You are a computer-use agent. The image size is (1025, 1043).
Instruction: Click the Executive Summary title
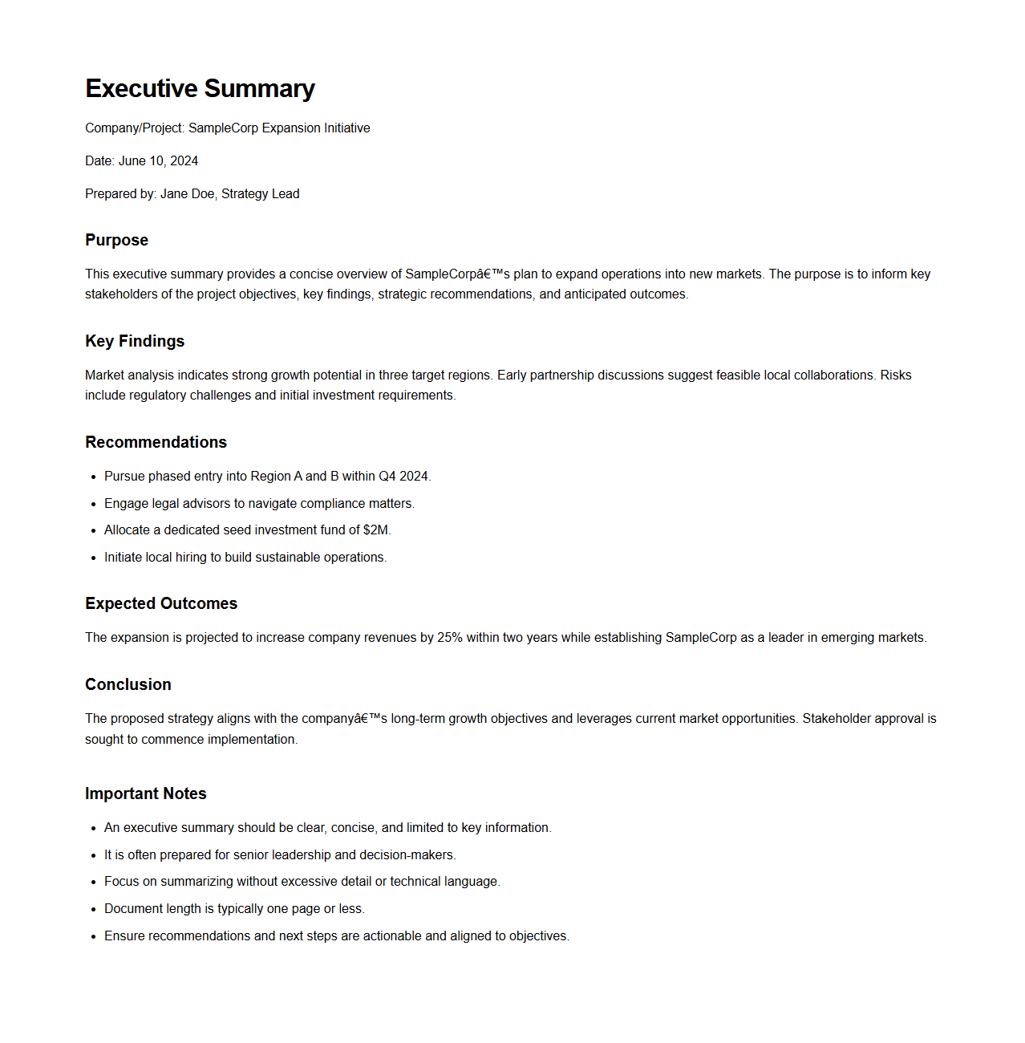click(x=200, y=88)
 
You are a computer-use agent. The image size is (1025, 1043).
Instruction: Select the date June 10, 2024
click(x=158, y=160)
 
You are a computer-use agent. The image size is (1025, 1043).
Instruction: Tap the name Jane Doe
click(x=187, y=193)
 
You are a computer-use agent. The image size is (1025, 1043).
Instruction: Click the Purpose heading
click(x=116, y=240)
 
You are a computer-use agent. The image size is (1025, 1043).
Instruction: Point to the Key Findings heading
click(x=135, y=341)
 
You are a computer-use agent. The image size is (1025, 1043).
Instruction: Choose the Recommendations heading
click(x=156, y=442)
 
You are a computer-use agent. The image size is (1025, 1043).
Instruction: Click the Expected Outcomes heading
click(x=161, y=603)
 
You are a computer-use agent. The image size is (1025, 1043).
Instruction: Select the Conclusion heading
click(x=128, y=684)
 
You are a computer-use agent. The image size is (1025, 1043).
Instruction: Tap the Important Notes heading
click(x=146, y=793)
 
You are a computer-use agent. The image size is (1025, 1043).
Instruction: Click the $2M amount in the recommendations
click(x=375, y=530)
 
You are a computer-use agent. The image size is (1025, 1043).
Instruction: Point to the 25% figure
click(x=449, y=637)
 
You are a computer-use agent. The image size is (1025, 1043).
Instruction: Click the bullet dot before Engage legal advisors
click(x=94, y=504)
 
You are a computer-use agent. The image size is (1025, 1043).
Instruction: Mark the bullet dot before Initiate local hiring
click(x=94, y=558)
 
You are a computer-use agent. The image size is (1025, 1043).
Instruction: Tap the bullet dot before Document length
click(x=94, y=909)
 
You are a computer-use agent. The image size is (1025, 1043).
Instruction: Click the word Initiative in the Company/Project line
click(x=346, y=128)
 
